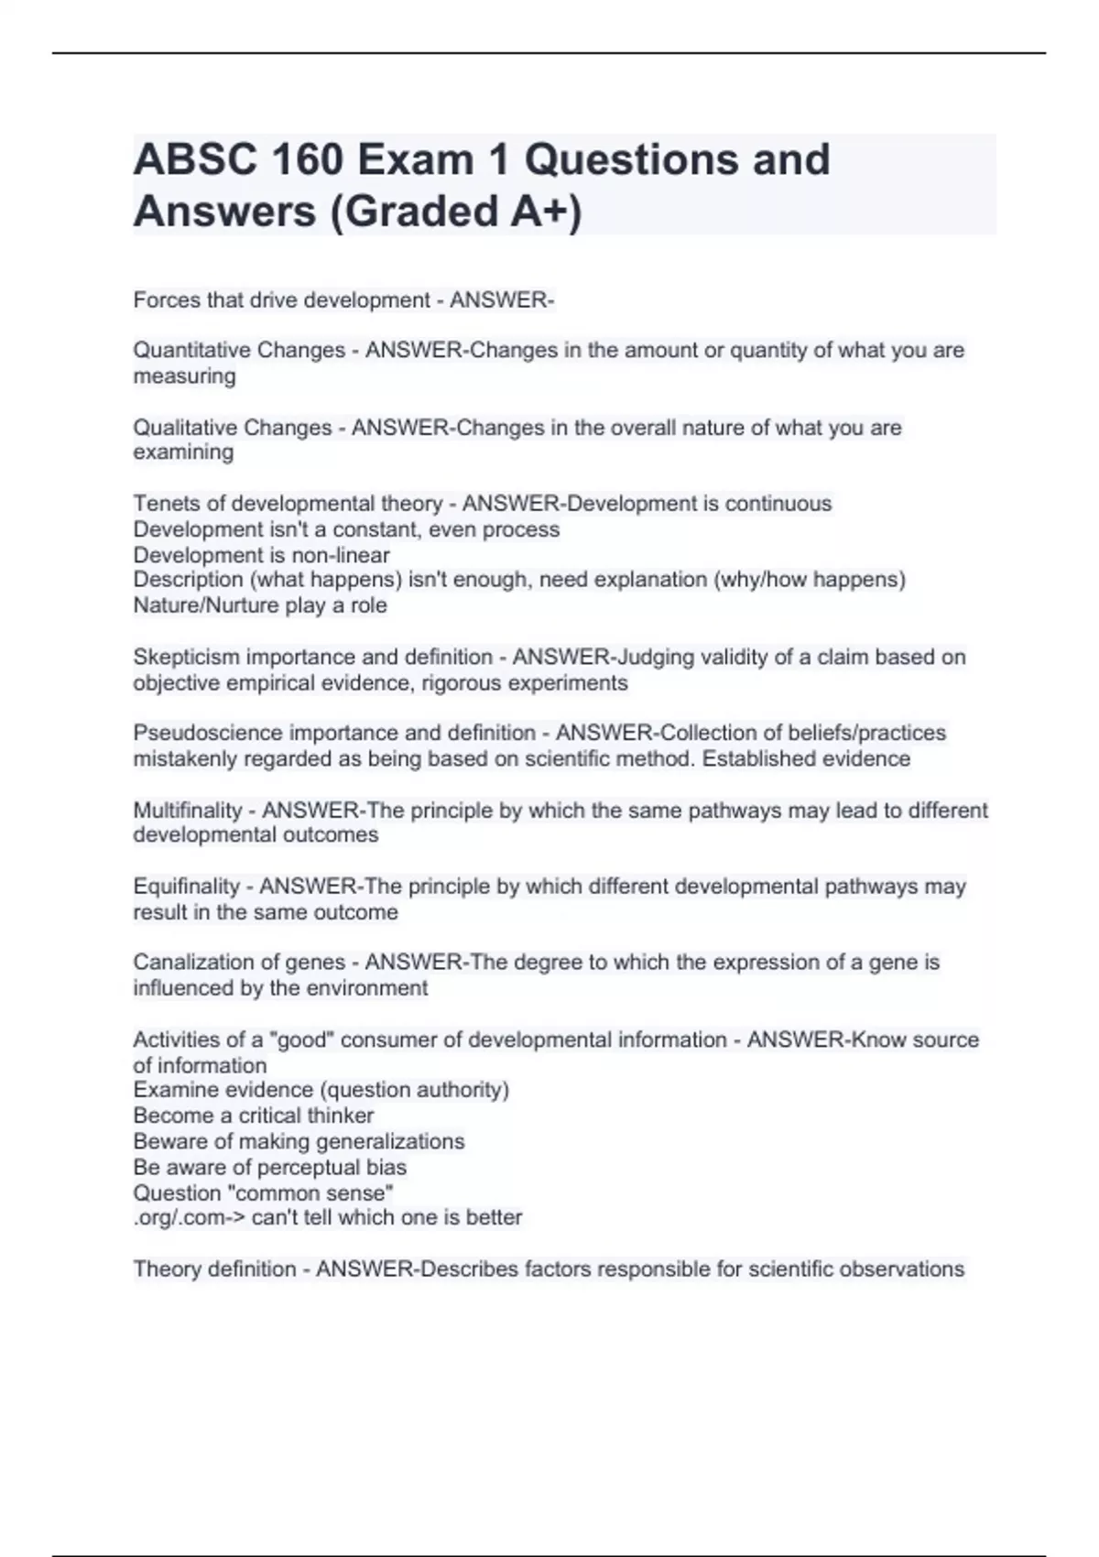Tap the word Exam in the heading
pos(415,159)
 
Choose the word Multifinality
pos(188,811)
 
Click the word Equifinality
pos(186,887)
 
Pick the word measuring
pos(184,376)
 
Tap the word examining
pos(183,452)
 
